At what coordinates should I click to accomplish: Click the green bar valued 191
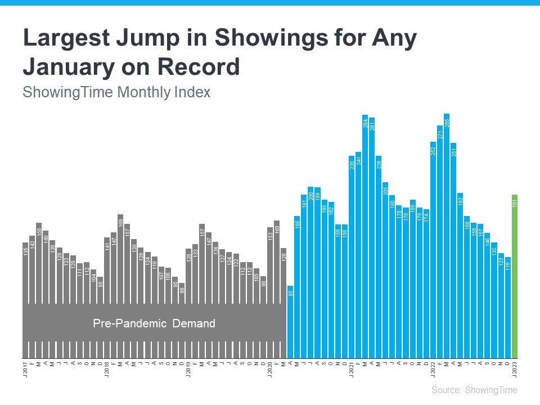[514, 276]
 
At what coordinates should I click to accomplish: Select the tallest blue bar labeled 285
[446, 236]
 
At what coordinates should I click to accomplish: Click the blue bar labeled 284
[365, 236]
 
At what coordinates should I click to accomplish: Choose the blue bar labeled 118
[507, 307]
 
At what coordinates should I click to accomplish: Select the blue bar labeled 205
[385, 270]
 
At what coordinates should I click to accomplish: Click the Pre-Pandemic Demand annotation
[154, 323]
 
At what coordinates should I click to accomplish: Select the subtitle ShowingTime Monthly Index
[116, 92]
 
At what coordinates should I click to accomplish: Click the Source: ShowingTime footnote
[474, 390]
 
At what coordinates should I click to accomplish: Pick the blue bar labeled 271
[439, 242]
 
